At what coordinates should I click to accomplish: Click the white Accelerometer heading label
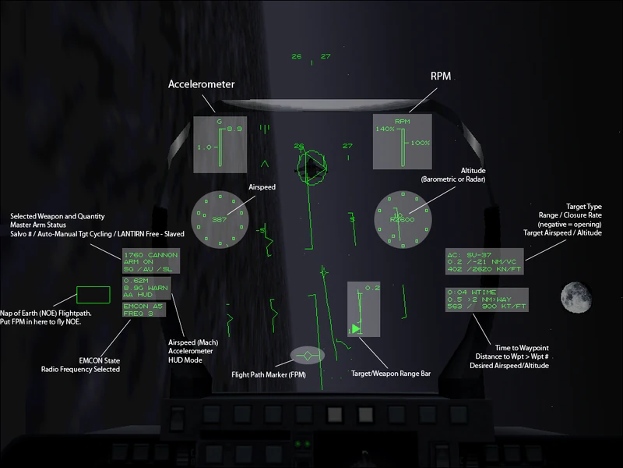(202, 84)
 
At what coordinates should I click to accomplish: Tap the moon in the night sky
(573, 296)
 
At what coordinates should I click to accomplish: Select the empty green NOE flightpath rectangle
(93, 296)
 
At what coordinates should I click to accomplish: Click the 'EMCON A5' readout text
(143, 307)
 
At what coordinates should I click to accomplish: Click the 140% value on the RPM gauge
(385, 129)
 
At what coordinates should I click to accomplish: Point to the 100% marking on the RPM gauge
(421, 143)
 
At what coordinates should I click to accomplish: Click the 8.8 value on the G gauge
(234, 129)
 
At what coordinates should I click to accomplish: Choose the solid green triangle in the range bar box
(356, 329)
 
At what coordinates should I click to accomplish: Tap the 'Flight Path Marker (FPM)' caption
(273, 374)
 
